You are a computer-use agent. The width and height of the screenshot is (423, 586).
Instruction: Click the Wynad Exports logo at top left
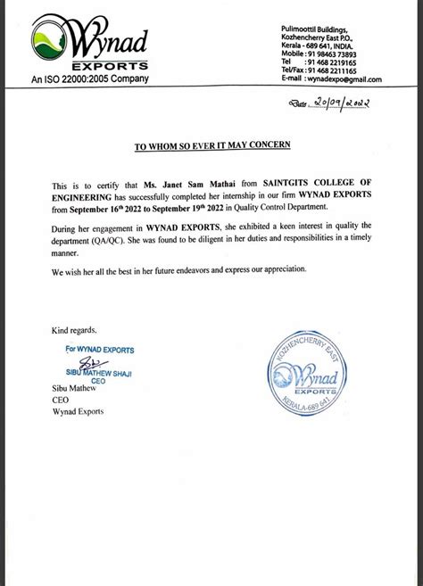coord(89,45)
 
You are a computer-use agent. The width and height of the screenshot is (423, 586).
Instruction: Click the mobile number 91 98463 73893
coord(343,54)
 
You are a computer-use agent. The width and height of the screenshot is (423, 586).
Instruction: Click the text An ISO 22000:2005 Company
coord(90,78)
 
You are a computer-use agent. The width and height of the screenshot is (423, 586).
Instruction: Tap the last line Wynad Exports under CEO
coord(79,411)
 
